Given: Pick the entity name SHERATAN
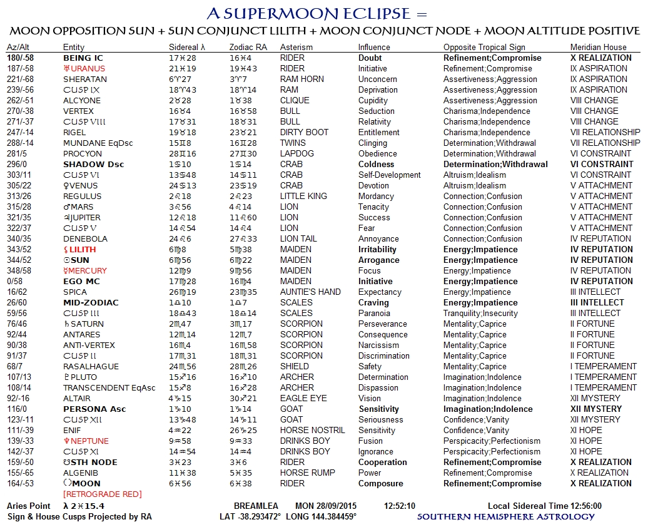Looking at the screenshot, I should [85, 79].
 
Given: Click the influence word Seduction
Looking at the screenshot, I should [377, 111].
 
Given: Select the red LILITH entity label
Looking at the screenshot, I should [83, 250].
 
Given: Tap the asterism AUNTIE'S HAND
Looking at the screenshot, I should [310, 292].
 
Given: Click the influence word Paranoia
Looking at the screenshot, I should [374, 314].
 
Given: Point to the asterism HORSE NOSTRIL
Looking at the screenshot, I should [312, 431].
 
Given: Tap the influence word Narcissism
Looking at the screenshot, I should [378, 345].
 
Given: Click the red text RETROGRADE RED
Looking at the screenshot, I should [102, 494].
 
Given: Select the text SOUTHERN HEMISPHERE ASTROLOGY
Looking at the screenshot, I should [506, 517].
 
